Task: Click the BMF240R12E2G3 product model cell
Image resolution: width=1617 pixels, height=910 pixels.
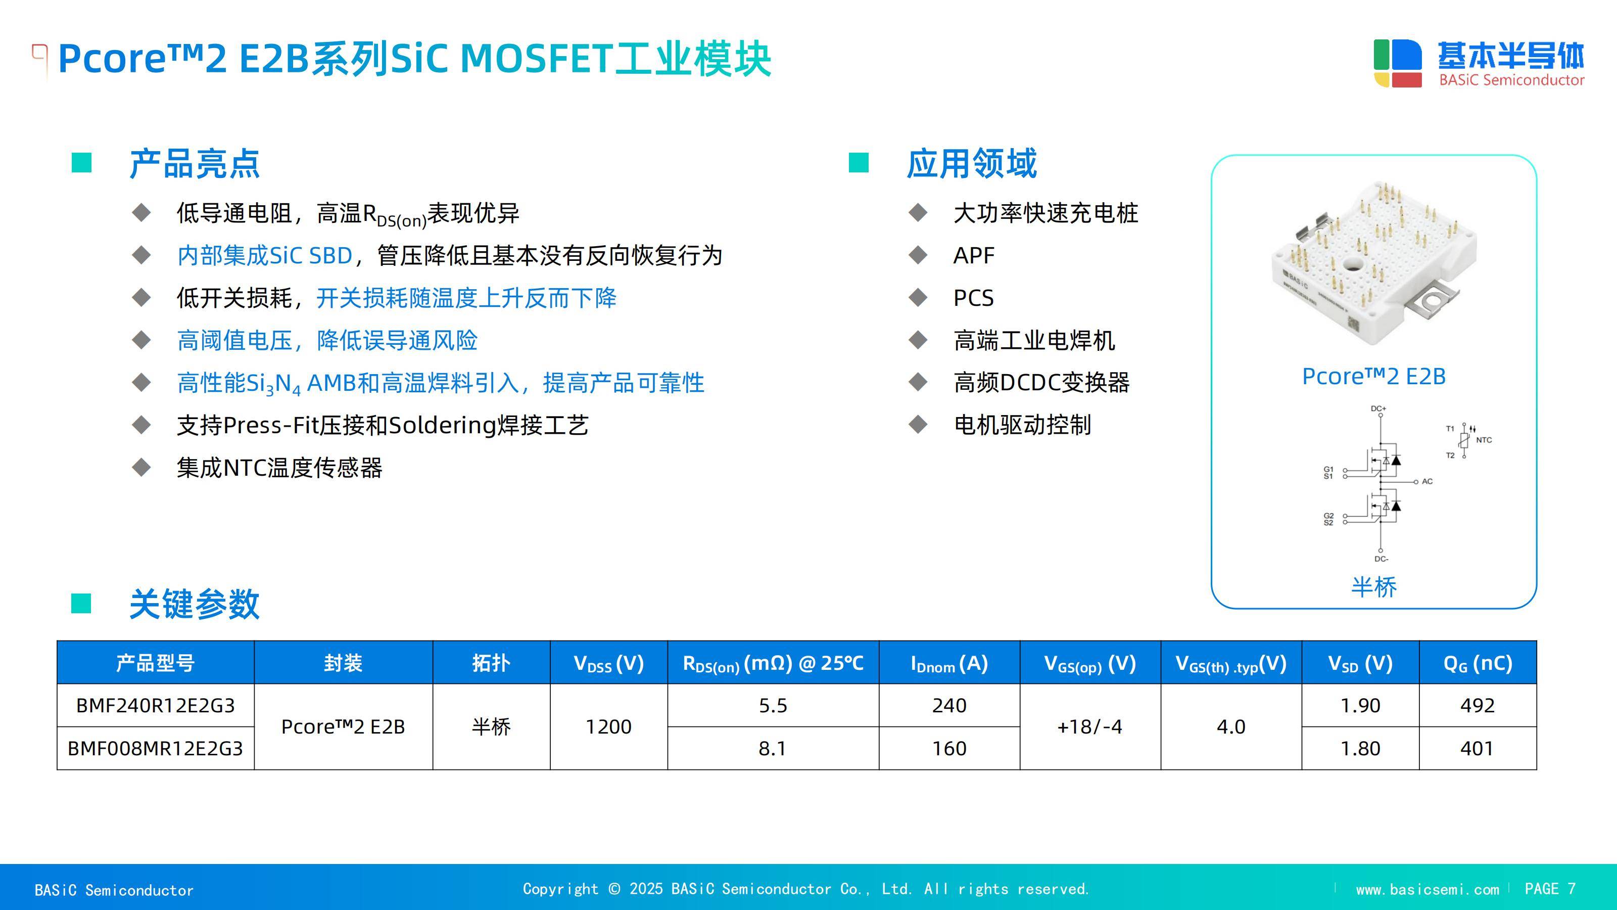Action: (155, 705)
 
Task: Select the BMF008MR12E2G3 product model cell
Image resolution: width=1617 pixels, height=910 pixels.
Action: (155, 748)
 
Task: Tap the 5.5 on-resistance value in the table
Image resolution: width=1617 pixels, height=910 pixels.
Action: (773, 705)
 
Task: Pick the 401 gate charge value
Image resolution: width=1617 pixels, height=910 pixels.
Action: (1477, 748)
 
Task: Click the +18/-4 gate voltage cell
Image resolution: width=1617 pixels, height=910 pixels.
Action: (1090, 726)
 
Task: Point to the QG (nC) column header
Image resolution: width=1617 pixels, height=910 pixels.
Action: (1478, 663)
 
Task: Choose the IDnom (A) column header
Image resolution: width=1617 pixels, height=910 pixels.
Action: (949, 663)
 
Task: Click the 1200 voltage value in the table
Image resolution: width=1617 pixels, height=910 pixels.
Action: (608, 726)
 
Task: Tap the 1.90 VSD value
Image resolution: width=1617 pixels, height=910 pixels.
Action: (1360, 705)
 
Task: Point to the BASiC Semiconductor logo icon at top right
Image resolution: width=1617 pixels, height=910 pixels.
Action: (1397, 63)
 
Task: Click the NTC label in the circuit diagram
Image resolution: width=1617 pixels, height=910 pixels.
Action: (1484, 440)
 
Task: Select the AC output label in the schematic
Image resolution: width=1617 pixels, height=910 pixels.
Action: (1428, 482)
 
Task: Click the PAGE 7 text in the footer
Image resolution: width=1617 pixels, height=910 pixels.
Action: (1550, 889)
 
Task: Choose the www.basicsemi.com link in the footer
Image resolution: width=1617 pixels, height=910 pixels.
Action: (1428, 889)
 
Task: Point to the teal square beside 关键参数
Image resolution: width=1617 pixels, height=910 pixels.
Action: (81, 604)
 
